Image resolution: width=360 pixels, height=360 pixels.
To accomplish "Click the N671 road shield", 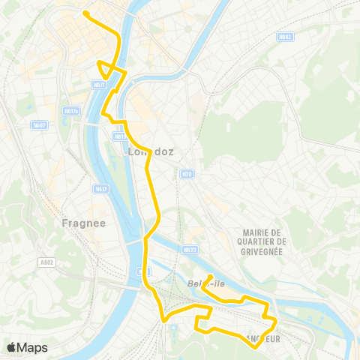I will pyautogui.click(x=99, y=85).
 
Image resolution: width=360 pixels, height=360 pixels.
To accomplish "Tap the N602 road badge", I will pyautogui.click(x=40, y=125).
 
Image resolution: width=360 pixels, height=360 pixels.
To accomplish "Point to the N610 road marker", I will pyautogui.click(x=120, y=136).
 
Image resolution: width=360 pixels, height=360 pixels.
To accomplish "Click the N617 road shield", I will pyautogui.click(x=101, y=189).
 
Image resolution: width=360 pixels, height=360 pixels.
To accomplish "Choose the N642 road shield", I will pyautogui.click(x=284, y=36).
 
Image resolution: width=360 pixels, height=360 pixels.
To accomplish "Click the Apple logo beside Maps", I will pyautogui.click(x=11, y=347).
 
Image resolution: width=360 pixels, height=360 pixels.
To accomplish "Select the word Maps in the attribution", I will pyautogui.click(x=32, y=347).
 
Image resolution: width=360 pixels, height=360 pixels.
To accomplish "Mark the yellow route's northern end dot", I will pyautogui.click(x=86, y=13).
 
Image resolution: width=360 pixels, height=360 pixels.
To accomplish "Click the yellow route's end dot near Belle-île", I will pyautogui.click(x=211, y=276).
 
